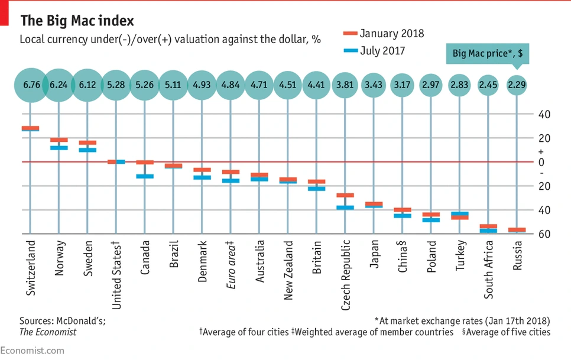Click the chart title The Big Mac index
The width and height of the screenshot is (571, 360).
click(77, 21)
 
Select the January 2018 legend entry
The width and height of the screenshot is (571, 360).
click(384, 34)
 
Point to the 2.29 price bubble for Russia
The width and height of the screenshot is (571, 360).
click(516, 85)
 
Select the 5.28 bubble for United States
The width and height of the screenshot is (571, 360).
click(116, 85)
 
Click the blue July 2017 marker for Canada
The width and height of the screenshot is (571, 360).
click(145, 176)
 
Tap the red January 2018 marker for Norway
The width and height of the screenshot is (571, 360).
click(59, 140)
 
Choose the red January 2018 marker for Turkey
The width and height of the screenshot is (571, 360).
click(459, 218)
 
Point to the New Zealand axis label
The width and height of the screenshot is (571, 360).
click(288, 270)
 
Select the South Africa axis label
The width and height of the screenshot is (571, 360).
click(488, 269)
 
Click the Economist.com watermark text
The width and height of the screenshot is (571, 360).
click(32, 350)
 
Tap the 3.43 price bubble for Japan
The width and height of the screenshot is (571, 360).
click(373, 85)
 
